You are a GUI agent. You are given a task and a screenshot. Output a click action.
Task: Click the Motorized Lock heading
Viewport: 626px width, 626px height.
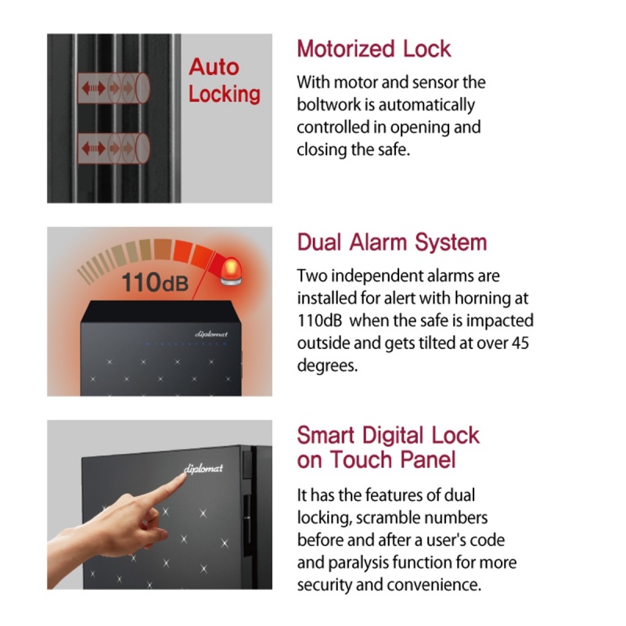(374, 49)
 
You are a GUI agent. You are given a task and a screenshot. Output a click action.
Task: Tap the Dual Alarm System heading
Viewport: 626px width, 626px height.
(392, 242)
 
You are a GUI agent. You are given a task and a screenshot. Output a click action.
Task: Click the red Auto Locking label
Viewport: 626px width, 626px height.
(225, 81)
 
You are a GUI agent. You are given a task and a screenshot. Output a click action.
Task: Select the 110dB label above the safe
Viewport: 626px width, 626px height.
(155, 282)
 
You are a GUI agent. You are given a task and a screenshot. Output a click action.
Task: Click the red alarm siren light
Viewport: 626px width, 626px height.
(231, 272)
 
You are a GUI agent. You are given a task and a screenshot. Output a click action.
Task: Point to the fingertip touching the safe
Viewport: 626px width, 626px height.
(183, 478)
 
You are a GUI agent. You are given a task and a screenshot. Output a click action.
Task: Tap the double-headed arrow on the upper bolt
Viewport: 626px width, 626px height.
(94, 88)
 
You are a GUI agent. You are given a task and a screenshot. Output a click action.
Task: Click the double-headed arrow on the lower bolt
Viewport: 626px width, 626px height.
(94, 149)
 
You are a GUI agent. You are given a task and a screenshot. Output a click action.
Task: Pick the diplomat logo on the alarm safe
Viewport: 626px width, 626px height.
(211, 334)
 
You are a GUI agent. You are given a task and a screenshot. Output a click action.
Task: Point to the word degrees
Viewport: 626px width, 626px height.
(327, 366)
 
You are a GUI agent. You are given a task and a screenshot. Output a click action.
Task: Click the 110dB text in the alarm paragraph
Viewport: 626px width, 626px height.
(320, 320)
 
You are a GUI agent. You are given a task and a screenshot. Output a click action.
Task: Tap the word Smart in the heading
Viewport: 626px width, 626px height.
(326, 435)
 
